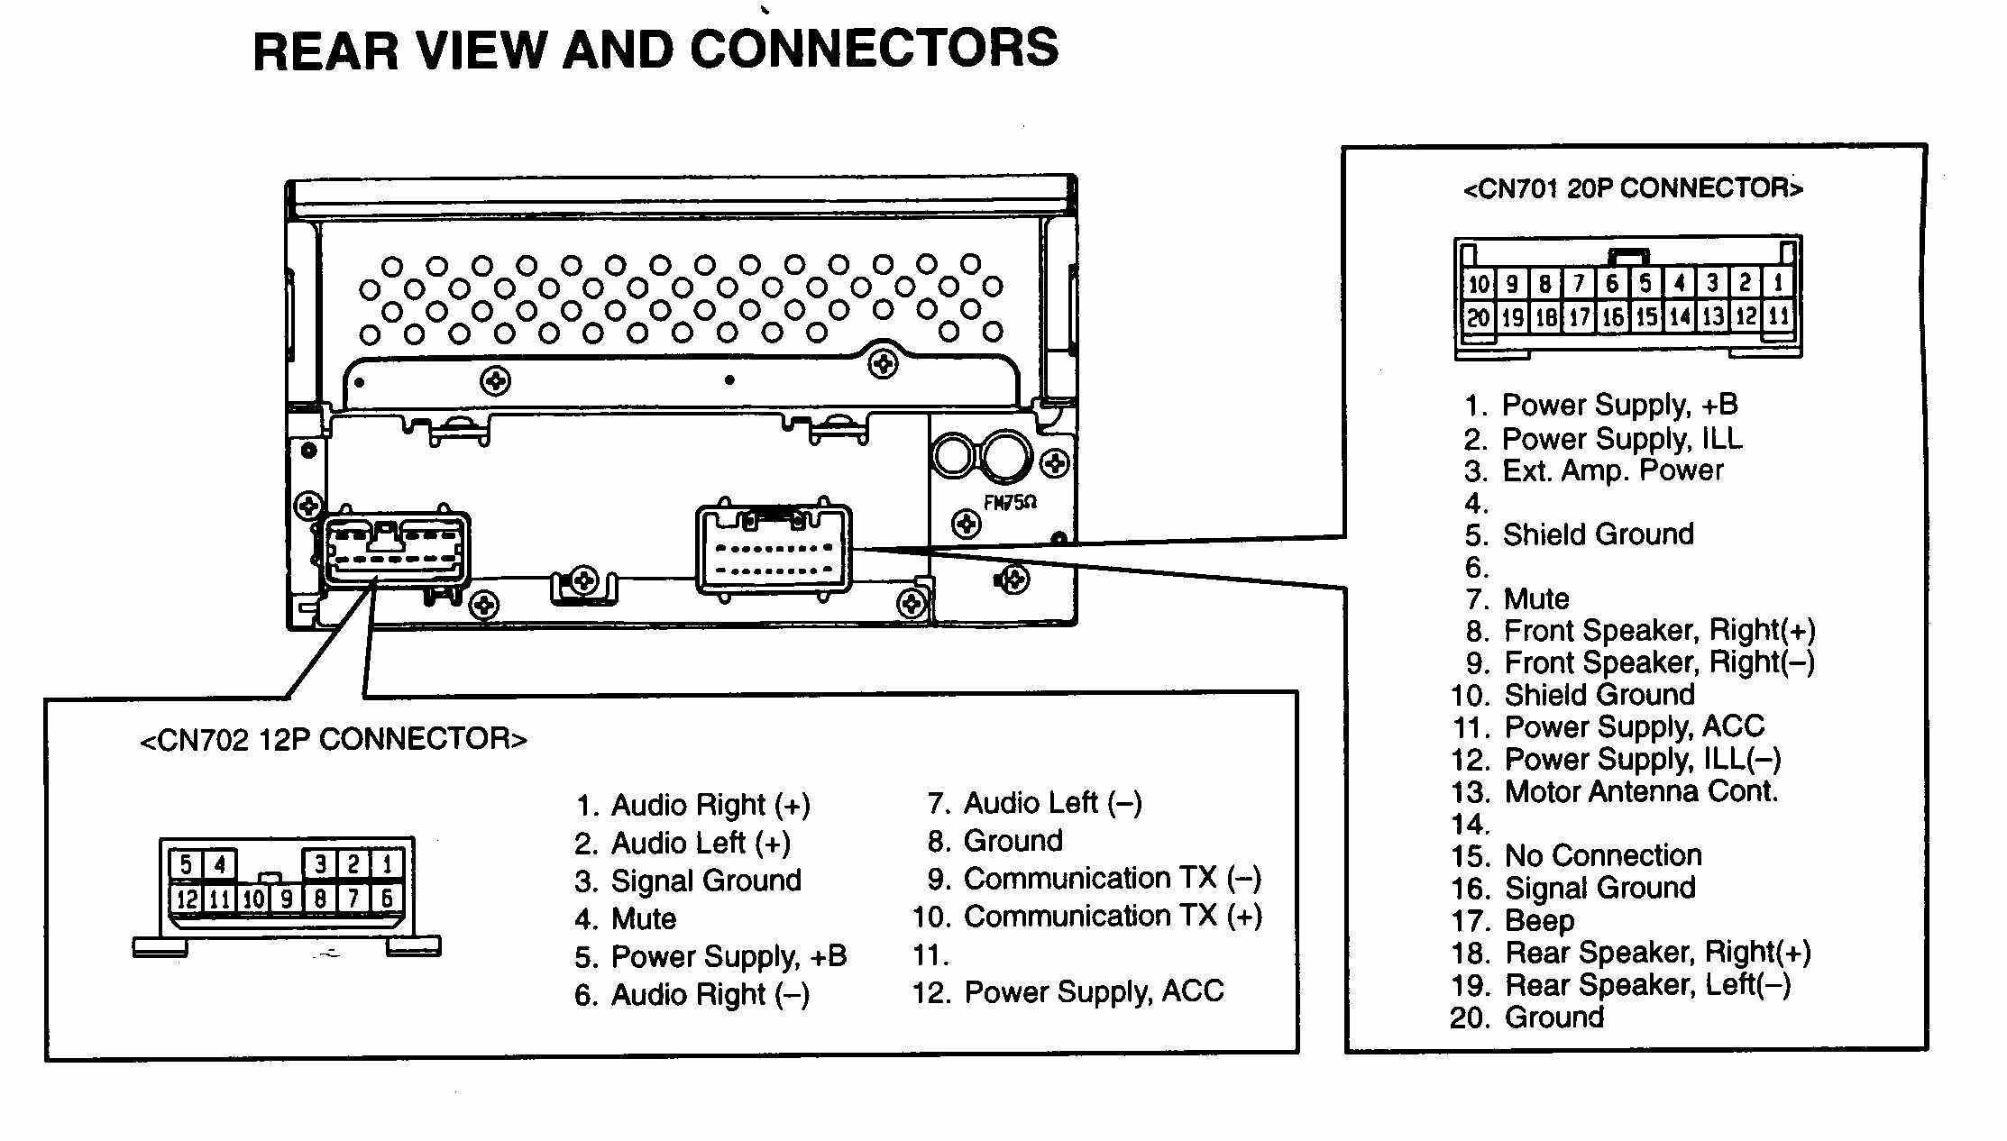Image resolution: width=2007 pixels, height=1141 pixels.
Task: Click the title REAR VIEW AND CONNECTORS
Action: (x=655, y=49)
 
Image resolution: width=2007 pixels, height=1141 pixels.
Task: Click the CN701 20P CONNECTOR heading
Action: (x=1632, y=188)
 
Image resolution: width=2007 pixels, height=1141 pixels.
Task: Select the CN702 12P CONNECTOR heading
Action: (x=334, y=739)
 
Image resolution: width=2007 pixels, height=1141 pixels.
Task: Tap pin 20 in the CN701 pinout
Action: (x=1478, y=317)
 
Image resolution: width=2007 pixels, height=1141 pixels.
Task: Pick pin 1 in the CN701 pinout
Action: (x=1778, y=283)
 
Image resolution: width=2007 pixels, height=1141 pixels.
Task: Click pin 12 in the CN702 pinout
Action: (x=187, y=899)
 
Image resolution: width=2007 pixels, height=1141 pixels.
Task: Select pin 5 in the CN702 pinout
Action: (x=186, y=864)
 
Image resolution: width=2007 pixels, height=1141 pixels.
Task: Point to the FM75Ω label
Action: (x=1010, y=503)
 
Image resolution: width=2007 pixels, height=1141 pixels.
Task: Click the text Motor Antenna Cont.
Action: (x=1641, y=791)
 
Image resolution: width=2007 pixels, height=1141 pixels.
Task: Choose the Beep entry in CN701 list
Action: (x=1539, y=920)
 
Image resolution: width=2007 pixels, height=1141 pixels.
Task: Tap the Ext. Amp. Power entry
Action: (x=1612, y=470)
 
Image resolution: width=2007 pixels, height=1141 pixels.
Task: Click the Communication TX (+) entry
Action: (x=1112, y=917)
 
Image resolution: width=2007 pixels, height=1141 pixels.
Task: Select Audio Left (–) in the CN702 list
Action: (x=1052, y=802)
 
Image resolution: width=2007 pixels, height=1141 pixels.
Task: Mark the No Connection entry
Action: (x=1603, y=855)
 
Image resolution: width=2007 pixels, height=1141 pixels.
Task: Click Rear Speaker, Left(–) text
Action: (x=1647, y=984)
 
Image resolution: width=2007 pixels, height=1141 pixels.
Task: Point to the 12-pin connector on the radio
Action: (x=394, y=550)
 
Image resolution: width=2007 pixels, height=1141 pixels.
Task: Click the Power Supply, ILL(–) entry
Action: (x=1642, y=759)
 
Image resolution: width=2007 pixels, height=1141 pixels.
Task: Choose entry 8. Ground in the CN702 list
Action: (x=1013, y=840)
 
